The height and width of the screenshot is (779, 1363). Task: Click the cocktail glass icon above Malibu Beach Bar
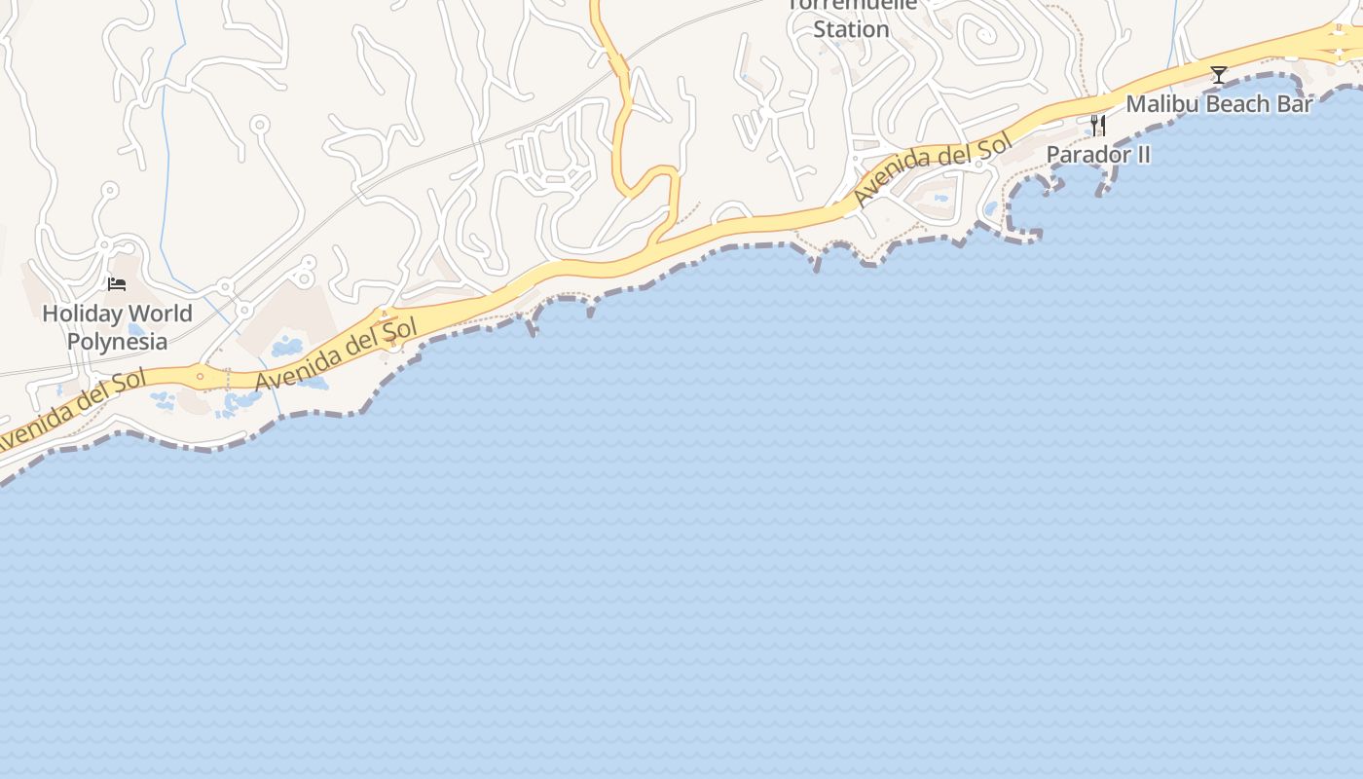(1218, 75)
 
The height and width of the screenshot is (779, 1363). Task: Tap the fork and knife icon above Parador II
(1098, 126)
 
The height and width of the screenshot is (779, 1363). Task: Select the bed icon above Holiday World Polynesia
(117, 284)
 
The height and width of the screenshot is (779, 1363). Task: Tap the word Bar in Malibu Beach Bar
(1296, 104)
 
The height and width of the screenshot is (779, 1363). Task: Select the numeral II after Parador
(1141, 155)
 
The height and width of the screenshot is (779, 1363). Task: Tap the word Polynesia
(117, 342)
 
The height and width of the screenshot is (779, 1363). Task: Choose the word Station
(851, 30)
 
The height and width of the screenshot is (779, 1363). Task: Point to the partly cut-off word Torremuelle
(851, 5)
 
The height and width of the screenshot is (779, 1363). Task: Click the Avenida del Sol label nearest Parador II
(933, 170)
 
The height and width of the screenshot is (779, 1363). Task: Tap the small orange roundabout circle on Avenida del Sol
(201, 376)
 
